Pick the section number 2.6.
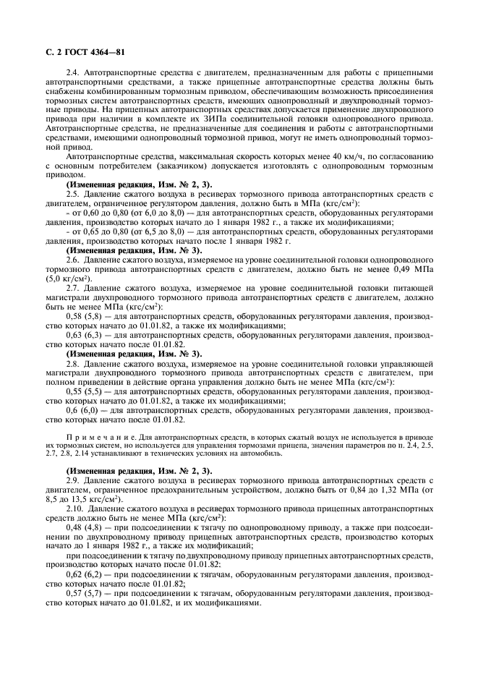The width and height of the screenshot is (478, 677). pyautogui.click(x=73, y=258)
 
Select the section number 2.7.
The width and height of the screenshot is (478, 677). pyautogui.click(x=73, y=287)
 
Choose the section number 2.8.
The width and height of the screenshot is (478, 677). pyautogui.click(x=73, y=363)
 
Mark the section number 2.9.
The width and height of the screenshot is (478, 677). pyautogui.click(x=73, y=480)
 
